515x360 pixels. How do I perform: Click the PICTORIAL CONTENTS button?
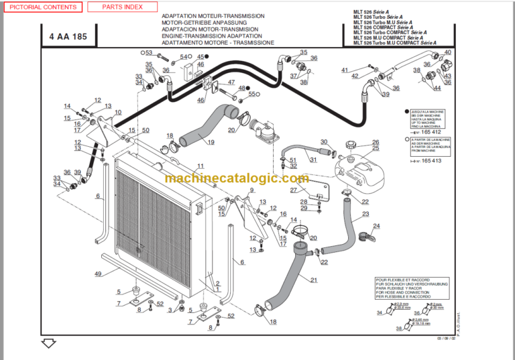point(42,7)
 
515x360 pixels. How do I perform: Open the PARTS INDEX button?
point(122,7)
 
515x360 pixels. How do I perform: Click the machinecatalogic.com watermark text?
point(236,178)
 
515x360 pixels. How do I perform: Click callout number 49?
point(98,274)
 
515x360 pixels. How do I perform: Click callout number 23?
point(365,215)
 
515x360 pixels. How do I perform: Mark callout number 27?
point(293,190)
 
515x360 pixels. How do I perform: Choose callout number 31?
point(312,159)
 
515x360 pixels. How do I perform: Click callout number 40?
point(448,52)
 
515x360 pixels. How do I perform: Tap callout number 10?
point(118,112)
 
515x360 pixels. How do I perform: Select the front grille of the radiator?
point(144,228)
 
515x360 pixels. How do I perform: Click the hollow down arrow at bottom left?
point(48,345)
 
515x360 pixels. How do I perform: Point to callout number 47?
point(231,82)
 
